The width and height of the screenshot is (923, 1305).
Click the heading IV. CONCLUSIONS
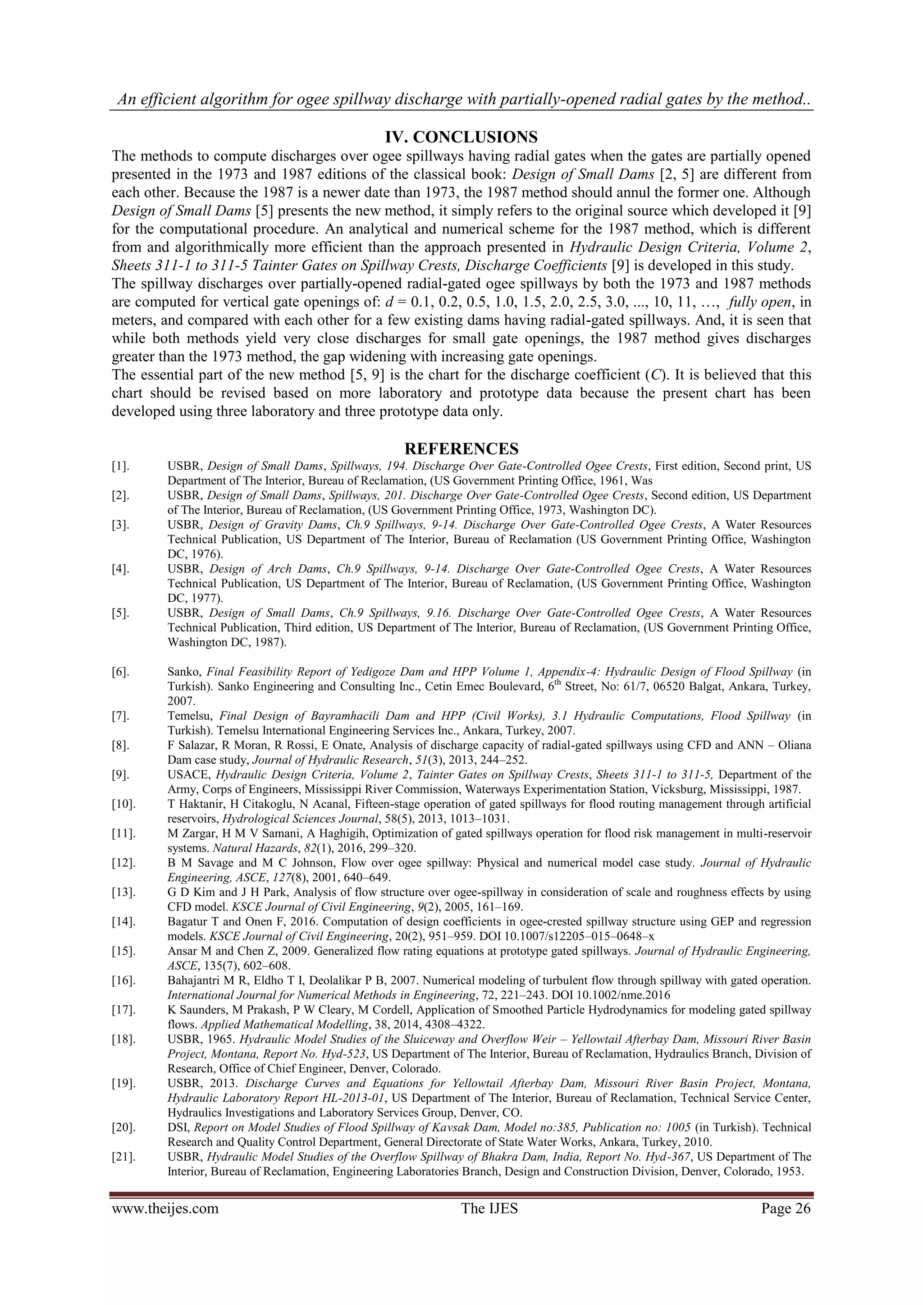(461, 137)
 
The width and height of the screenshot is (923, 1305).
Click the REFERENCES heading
(461, 449)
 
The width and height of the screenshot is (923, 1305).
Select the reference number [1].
(120, 466)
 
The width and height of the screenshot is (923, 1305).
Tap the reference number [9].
(120, 775)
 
